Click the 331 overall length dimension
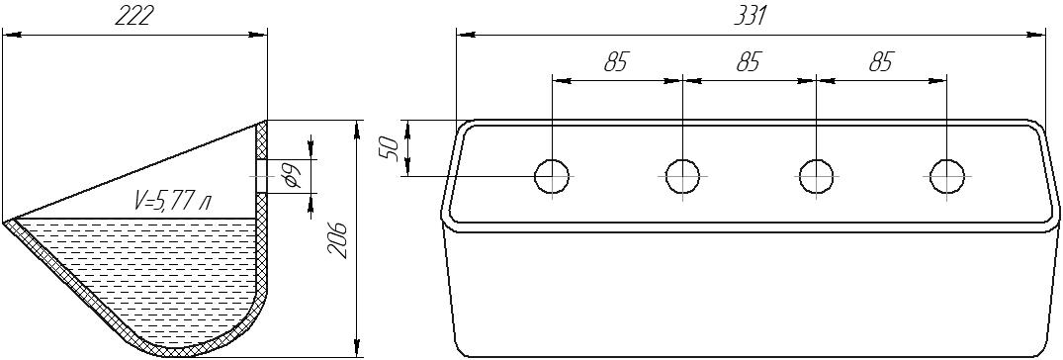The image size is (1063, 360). tap(751, 16)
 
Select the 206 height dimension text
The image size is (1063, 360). tap(338, 238)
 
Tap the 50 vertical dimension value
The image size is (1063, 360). tap(389, 147)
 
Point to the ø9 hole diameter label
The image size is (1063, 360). tap(292, 176)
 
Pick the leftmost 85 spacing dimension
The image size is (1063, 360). tap(616, 61)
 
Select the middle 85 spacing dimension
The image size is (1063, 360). tap(748, 61)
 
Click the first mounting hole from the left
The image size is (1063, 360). tap(553, 176)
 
